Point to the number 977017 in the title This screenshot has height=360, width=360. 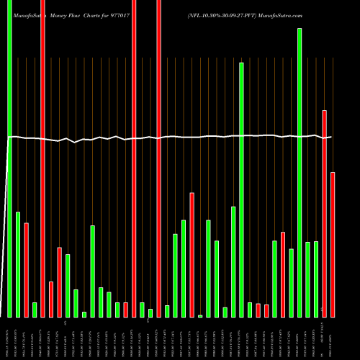pyautogui.click(x=135, y=14)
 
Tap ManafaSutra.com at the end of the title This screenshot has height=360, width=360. pyautogui.click(x=284, y=14)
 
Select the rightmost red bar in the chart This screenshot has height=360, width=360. pyautogui.click(x=333, y=245)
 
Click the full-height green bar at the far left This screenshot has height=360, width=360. pyautogui.click(x=9, y=158)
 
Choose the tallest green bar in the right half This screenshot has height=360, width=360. pyautogui.click(x=300, y=173)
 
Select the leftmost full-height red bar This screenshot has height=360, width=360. pyautogui.click(x=42, y=158)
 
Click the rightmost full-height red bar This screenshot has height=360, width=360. pyautogui.click(x=159, y=158)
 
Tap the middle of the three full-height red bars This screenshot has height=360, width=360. pyautogui.click(x=134, y=158)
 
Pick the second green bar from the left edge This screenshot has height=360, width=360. pyautogui.click(x=18, y=264)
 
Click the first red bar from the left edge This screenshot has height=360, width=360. pyautogui.click(x=26, y=270)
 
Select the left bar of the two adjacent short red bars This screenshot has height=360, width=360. pyautogui.click(x=258, y=310)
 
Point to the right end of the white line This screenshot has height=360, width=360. pyautogui.click(x=331, y=137)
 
